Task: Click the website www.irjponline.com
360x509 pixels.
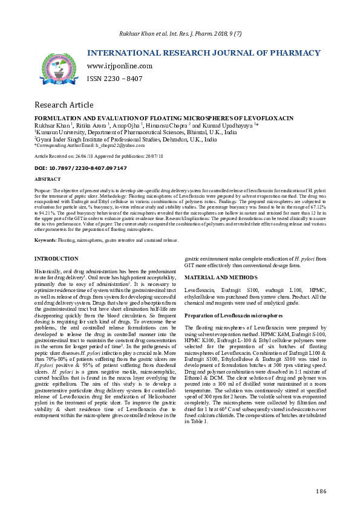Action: click(x=120, y=66)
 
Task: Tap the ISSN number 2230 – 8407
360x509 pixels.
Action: click(x=115, y=79)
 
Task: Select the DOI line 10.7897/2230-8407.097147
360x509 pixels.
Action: click(x=80, y=167)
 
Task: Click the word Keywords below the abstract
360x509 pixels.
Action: click(x=45, y=240)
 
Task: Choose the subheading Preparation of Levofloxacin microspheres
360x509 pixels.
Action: click(x=233, y=316)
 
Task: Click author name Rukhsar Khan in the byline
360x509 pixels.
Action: click(x=51, y=125)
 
